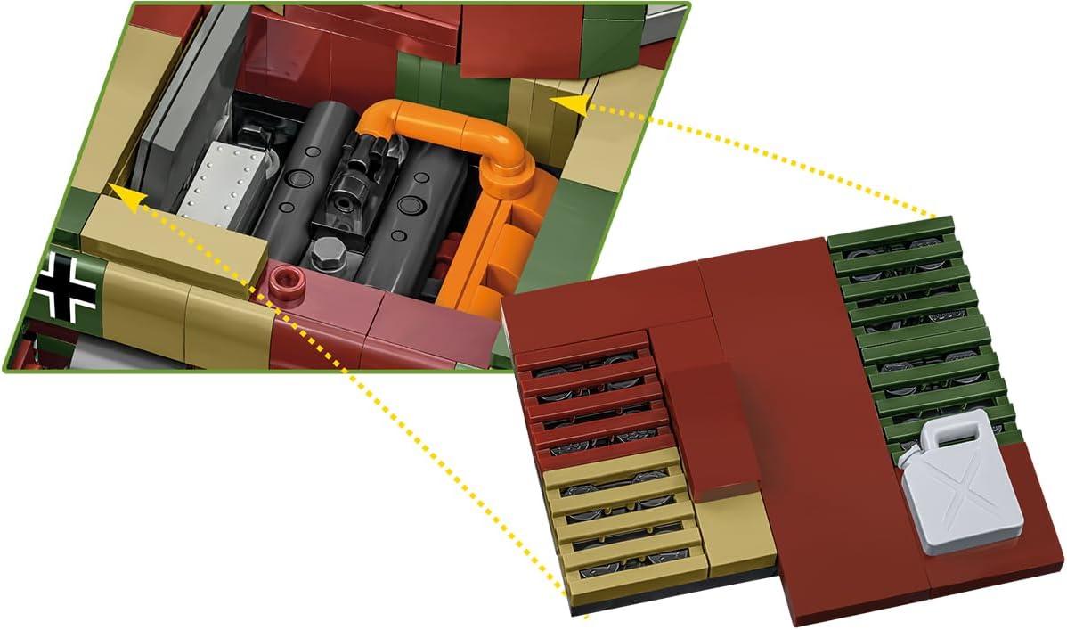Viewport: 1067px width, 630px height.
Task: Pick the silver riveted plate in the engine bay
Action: click(x=224, y=182)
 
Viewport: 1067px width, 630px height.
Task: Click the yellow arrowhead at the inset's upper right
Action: click(x=575, y=105)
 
